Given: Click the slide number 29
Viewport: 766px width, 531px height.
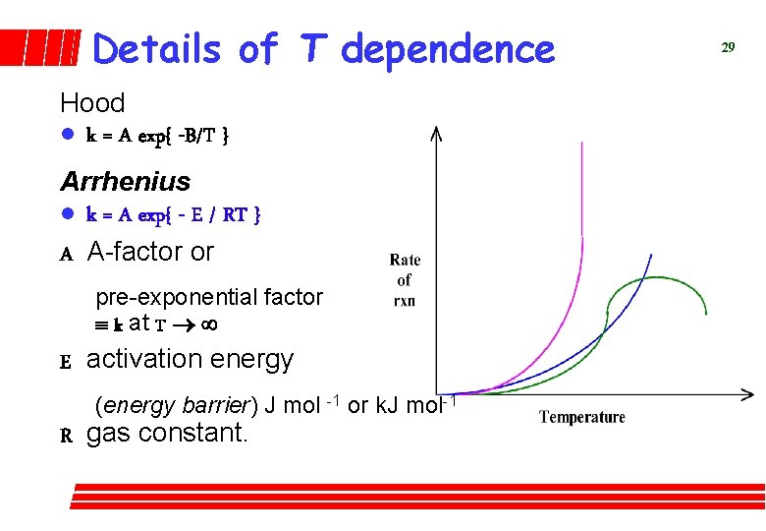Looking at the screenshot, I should [728, 47].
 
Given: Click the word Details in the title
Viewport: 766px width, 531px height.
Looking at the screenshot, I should [157, 48].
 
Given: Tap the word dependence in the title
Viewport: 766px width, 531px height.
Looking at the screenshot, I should [448, 48].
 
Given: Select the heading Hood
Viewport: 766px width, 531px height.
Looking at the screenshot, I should [92, 103].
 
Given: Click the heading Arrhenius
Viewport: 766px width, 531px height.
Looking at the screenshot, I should [126, 182].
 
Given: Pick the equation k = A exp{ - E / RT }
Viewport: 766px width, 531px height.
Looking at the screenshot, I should [173, 214].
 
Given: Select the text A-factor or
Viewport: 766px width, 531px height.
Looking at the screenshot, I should [149, 252].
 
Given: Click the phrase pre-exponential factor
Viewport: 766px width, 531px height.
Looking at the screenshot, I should [208, 297].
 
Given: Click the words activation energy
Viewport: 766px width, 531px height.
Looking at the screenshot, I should [190, 360].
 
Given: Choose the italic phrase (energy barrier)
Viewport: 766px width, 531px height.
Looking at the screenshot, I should [175, 405].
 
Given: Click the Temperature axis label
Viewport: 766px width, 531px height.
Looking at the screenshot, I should [582, 418].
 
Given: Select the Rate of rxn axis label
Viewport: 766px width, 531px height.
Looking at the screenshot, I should [405, 280].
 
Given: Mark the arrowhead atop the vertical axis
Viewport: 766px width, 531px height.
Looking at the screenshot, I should [438, 133].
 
